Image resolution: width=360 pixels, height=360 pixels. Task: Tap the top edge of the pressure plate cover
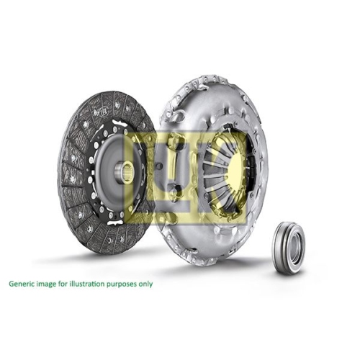209,78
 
